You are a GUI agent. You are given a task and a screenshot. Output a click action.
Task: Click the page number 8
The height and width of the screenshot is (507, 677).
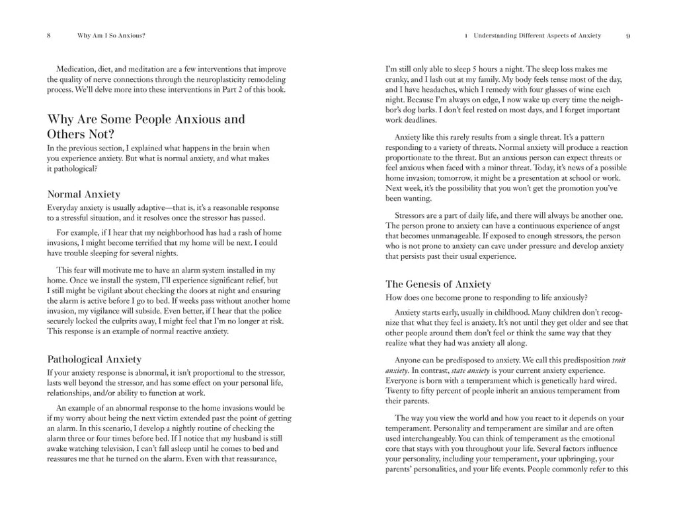tap(49, 36)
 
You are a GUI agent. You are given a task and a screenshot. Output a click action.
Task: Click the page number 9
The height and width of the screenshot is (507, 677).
tap(627, 36)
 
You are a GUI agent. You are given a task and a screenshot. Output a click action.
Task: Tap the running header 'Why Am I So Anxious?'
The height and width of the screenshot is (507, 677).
tap(110, 36)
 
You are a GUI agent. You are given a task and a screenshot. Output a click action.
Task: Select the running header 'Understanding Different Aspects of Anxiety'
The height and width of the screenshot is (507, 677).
tap(538, 36)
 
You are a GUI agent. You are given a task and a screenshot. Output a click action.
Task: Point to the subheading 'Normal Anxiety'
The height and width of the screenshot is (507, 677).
tap(84, 194)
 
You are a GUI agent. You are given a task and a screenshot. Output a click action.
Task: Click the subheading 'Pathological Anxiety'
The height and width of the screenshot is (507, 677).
tap(95, 359)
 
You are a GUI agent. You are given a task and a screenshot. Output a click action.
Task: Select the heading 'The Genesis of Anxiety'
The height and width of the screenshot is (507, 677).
tap(438, 284)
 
